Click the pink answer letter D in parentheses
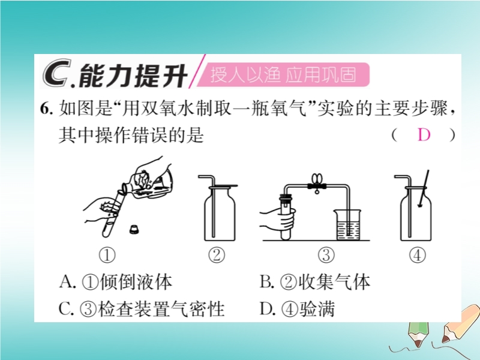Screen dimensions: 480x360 click(x=424, y=134)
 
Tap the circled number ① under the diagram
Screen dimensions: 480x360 click(x=107, y=256)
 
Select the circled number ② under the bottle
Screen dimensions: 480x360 click(x=217, y=256)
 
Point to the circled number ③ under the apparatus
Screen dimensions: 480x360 click(x=326, y=256)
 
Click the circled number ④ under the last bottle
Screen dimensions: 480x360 click(x=418, y=256)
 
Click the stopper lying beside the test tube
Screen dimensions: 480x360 click(x=134, y=229)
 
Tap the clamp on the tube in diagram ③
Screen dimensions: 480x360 click(x=317, y=183)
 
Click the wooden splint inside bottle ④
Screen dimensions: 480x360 click(x=424, y=188)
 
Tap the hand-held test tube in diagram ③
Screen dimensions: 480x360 click(x=286, y=217)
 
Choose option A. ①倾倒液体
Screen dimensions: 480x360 click(x=115, y=281)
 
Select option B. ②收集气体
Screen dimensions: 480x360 click(x=314, y=281)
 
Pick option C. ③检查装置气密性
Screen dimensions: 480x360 click(x=142, y=308)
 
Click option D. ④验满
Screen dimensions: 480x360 click(x=297, y=308)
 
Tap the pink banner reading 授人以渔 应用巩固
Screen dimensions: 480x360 click(x=283, y=74)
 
